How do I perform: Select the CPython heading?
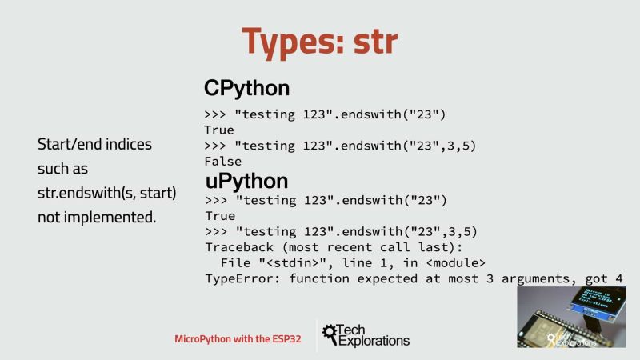click(x=246, y=87)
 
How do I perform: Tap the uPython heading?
click(x=246, y=181)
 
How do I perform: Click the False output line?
click(x=223, y=161)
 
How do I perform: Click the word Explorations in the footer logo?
click(x=374, y=342)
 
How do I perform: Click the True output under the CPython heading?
click(x=219, y=130)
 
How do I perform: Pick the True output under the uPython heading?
click(x=219, y=216)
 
